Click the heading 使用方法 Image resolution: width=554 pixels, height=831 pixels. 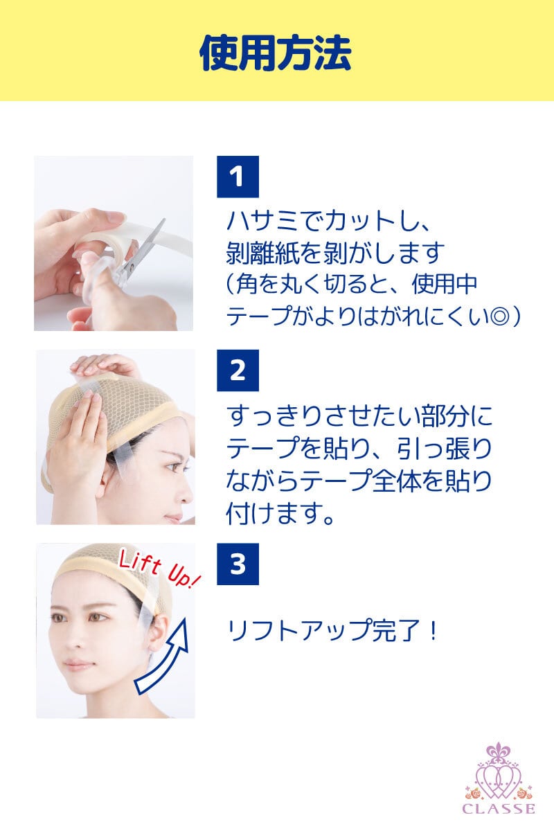coord(275,53)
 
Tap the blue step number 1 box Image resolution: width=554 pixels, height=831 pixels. coord(238,177)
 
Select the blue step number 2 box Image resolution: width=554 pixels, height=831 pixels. coord(238,370)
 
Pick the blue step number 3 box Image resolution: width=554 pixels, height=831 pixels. coord(238,564)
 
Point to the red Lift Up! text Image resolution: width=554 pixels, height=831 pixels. coord(159,569)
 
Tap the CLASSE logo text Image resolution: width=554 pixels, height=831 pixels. coord(499,809)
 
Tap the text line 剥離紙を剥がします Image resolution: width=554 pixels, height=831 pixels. coord(335,253)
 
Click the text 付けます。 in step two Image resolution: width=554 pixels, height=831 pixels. coord(280,513)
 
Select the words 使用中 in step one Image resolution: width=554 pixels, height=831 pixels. coord(444,285)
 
